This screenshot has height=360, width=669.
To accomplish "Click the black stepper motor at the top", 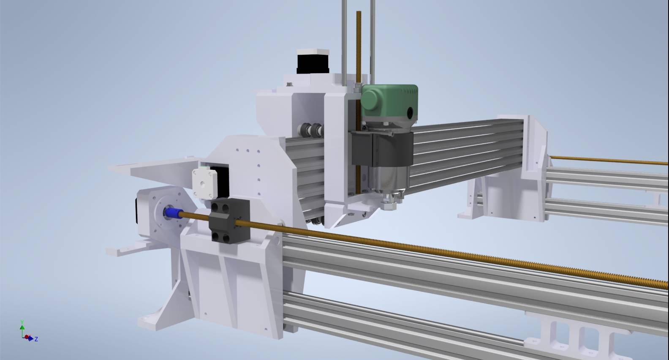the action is (313, 64).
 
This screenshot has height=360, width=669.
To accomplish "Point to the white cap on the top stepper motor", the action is (313, 52).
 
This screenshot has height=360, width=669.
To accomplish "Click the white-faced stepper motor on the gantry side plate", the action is (204, 183).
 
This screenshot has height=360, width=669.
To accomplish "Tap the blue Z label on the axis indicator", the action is (36, 339).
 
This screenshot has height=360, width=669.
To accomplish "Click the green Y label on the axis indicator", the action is (22, 322).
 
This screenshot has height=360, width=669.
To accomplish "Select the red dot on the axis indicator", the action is (27, 337).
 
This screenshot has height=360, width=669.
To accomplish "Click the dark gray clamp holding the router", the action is (382, 148).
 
